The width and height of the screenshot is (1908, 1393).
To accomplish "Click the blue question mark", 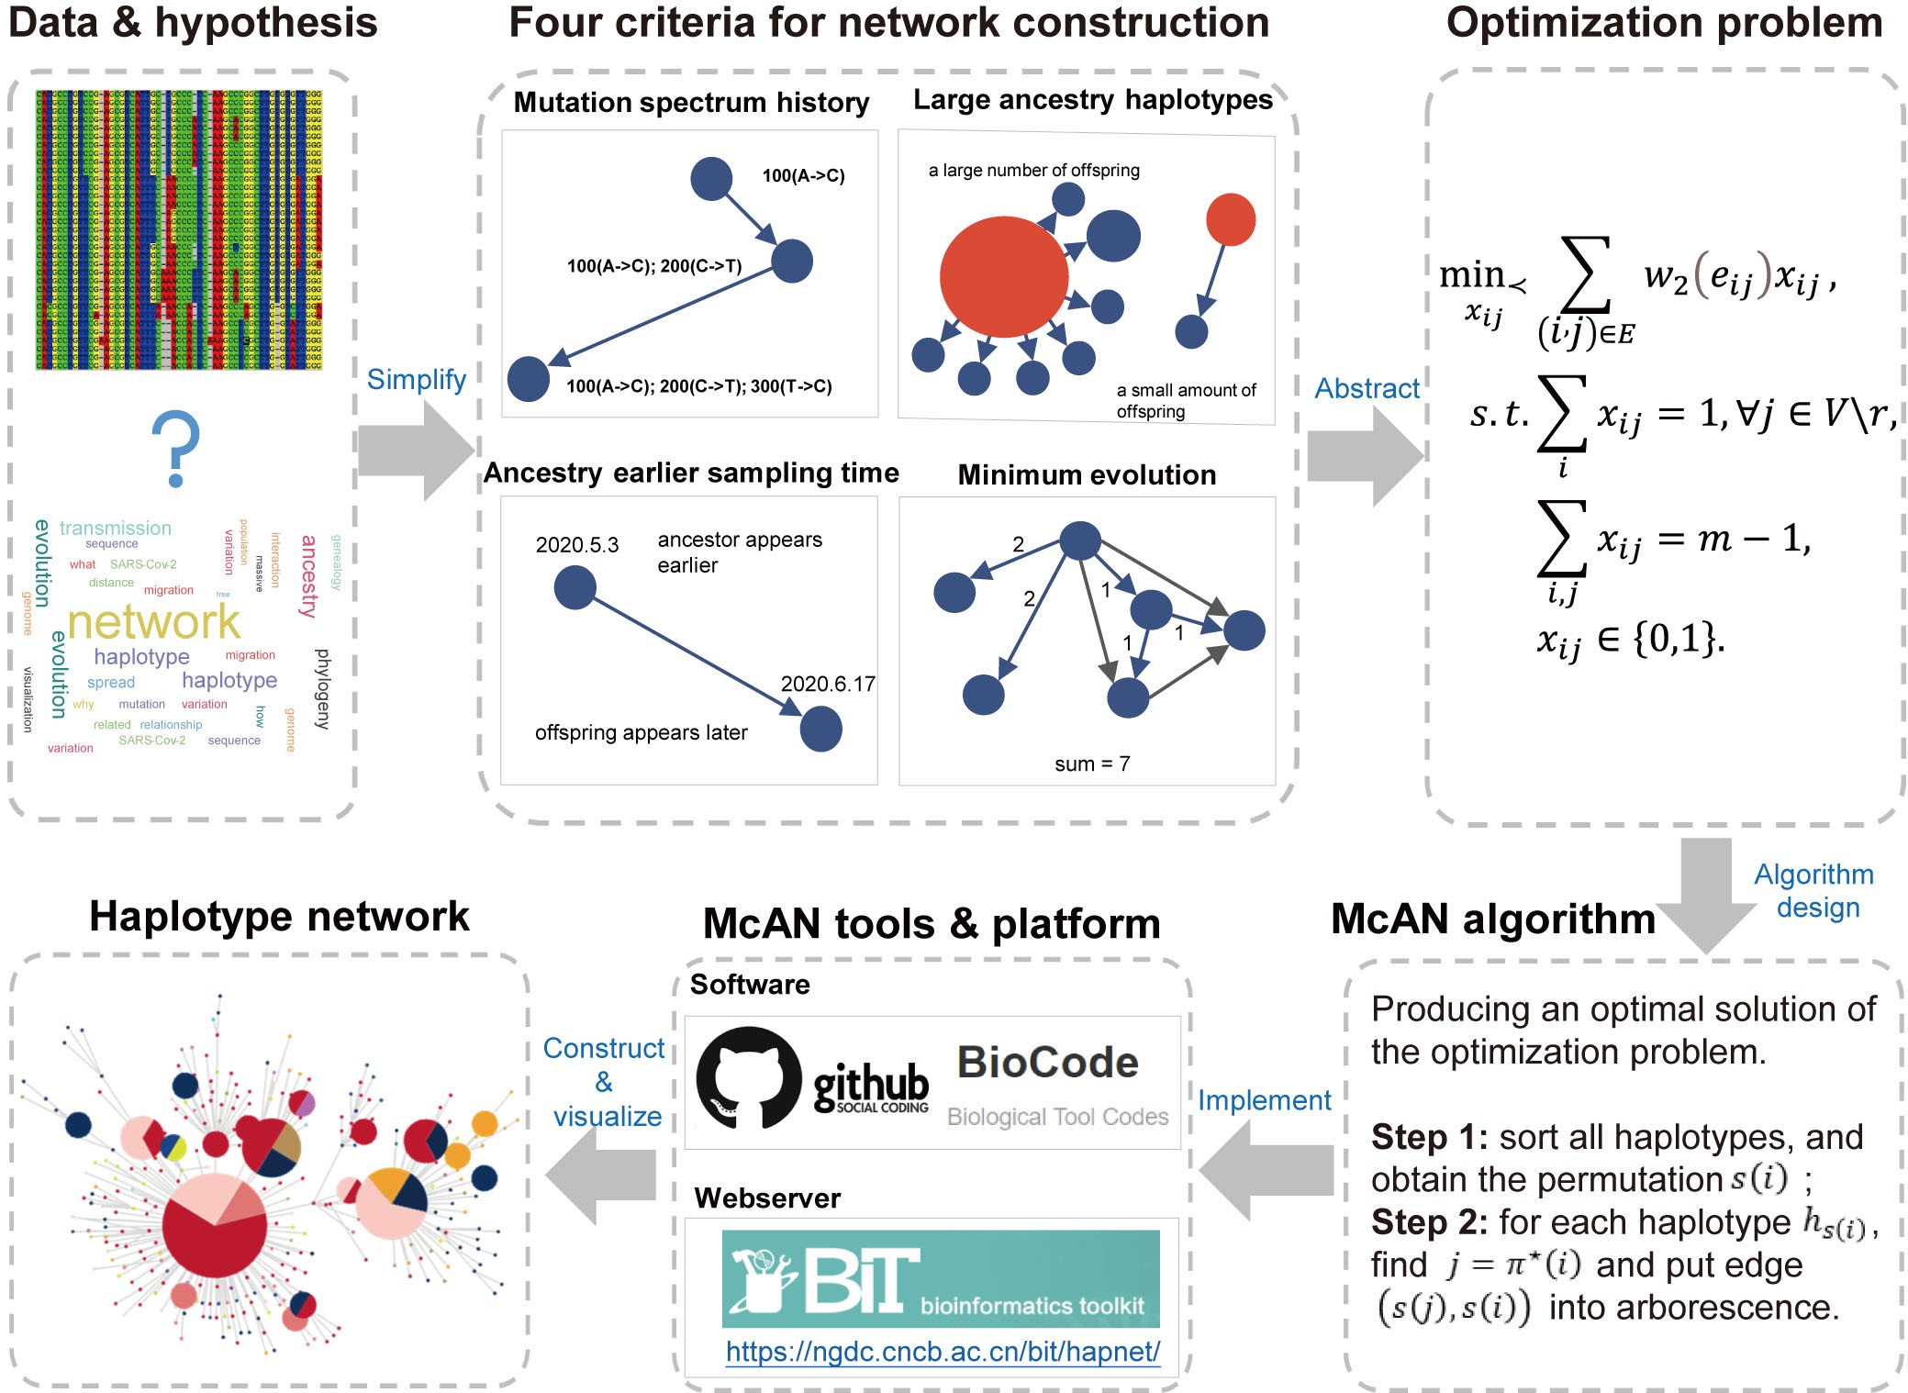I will coord(176,449).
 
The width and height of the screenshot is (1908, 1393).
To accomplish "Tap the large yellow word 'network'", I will coord(153,622).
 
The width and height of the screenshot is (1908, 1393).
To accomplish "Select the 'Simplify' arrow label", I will coord(417,379).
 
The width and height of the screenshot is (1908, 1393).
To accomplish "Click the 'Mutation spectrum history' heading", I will coord(691,102).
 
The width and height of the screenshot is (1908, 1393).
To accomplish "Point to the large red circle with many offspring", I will coord(1004,276).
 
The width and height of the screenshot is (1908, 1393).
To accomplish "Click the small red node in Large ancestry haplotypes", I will coord(1230,219).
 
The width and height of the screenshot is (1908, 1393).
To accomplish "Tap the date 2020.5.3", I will coord(577,545).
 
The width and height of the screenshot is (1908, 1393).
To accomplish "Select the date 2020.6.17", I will coord(828,684).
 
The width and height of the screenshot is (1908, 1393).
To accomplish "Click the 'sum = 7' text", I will coord(1092,763).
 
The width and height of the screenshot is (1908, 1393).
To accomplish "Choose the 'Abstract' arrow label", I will coord(1367,388).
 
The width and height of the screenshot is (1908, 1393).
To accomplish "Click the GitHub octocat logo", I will coord(748,1077).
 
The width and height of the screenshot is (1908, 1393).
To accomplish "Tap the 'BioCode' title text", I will coord(1048,1063).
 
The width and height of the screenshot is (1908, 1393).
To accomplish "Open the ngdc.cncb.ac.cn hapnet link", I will coord(943,1352).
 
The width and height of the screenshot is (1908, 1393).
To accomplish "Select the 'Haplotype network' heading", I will coord(279,916).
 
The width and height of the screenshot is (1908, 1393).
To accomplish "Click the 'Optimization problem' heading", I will coord(1664,22).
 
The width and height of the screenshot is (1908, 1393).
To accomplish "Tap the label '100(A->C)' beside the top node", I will coord(803,175).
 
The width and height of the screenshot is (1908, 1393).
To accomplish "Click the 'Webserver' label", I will coord(767,1198).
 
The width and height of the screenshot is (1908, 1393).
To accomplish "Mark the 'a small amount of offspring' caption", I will coord(1186,401).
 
